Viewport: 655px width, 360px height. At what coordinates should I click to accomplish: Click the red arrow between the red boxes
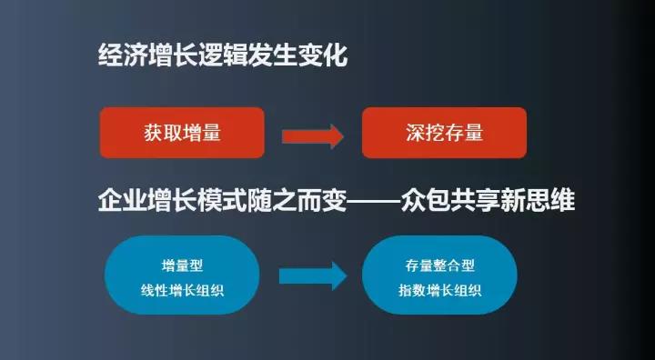[x=313, y=136]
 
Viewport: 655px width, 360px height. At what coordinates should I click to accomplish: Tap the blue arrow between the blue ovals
[x=313, y=275]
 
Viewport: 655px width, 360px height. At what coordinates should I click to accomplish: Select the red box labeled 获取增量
[x=182, y=133]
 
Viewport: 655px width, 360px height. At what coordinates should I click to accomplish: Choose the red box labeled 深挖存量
[x=444, y=133]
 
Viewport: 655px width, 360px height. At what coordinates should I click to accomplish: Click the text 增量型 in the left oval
[x=182, y=265]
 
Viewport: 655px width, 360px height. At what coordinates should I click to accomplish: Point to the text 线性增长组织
[x=182, y=290]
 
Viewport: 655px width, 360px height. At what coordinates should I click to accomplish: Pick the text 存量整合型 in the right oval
[x=440, y=265]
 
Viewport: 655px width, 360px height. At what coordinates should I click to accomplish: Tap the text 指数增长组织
[x=440, y=290]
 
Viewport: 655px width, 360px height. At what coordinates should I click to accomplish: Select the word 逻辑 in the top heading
[x=222, y=55]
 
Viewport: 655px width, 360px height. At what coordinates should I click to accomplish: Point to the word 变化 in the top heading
[x=322, y=55]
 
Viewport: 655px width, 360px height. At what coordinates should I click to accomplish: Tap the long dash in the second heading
[x=373, y=202]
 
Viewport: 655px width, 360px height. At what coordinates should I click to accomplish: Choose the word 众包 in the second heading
[x=425, y=201]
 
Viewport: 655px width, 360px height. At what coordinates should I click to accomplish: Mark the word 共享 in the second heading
[x=475, y=201]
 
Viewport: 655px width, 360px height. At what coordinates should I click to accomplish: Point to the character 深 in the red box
[x=415, y=133]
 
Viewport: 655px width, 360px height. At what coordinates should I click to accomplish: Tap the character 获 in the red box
[x=154, y=133]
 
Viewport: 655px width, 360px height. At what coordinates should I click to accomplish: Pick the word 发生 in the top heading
[x=272, y=55]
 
